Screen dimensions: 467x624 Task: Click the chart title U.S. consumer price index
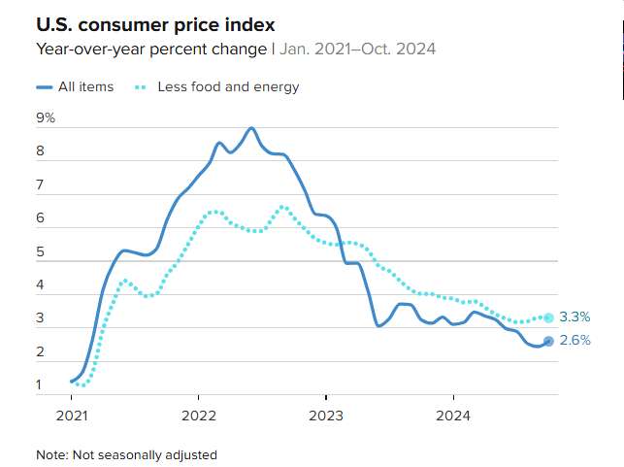pyautogui.click(x=155, y=23)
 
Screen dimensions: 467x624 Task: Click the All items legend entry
pyautogui.click(x=85, y=87)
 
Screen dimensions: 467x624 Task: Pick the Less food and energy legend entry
pyautogui.click(x=228, y=87)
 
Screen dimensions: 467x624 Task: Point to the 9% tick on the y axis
pyautogui.click(x=46, y=118)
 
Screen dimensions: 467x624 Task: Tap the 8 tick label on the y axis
pyautogui.click(x=40, y=152)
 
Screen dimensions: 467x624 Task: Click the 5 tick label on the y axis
pyautogui.click(x=40, y=252)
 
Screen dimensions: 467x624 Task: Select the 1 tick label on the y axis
pyautogui.click(x=40, y=385)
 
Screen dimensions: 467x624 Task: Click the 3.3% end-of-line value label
pyautogui.click(x=575, y=317)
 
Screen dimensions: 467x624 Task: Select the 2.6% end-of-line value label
pyautogui.click(x=575, y=341)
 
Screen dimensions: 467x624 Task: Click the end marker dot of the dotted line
pyautogui.click(x=548, y=317)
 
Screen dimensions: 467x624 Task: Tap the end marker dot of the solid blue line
pyautogui.click(x=548, y=341)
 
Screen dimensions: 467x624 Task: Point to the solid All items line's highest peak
pyautogui.click(x=251, y=128)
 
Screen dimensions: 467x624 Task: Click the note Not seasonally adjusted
pyautogui.click(x=126, y=454)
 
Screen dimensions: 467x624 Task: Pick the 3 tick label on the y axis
pyautogui.click(x=40, y=318)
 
